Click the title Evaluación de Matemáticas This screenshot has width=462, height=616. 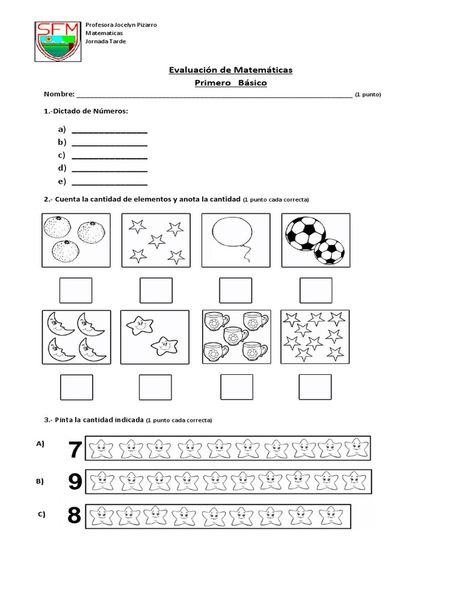coord(230,70)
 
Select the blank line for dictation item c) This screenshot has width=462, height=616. coord(109,156)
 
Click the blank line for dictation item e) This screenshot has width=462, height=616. coord(109,182)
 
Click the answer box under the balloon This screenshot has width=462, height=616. coord(235,291)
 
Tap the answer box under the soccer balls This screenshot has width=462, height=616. coord(315,291)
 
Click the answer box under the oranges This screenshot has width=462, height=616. coord(76,291)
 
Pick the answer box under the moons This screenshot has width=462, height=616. coord(76,387)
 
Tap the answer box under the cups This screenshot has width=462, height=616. coord(236,387)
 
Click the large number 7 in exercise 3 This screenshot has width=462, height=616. coord(75,449)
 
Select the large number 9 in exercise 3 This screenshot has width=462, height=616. coord(75,482)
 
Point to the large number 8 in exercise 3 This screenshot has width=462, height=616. coord(75,516)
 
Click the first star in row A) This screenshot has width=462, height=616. coord(100,448)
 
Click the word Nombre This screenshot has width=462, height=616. coord(59,94)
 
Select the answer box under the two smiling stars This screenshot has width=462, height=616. coord(155,387)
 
